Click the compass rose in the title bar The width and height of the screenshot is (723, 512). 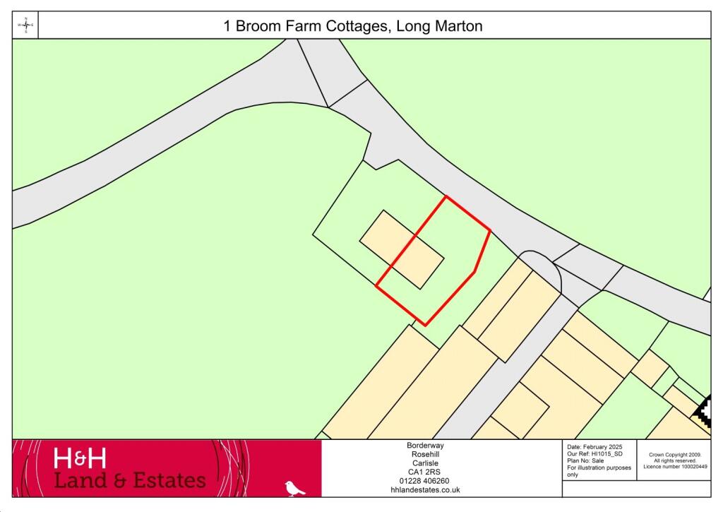click(26, 25)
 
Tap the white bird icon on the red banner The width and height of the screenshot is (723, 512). click(294, 488)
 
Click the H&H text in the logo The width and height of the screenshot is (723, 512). click(80, 459)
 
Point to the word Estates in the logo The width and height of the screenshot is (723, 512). click(165, 481)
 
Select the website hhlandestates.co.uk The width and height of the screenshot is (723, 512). click(424, 489)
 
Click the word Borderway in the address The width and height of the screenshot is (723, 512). click(424, 446)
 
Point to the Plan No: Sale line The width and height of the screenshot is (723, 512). click(586, 461)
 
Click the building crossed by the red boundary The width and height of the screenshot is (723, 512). click(402, 249)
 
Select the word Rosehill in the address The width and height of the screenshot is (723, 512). click(424, 454)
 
